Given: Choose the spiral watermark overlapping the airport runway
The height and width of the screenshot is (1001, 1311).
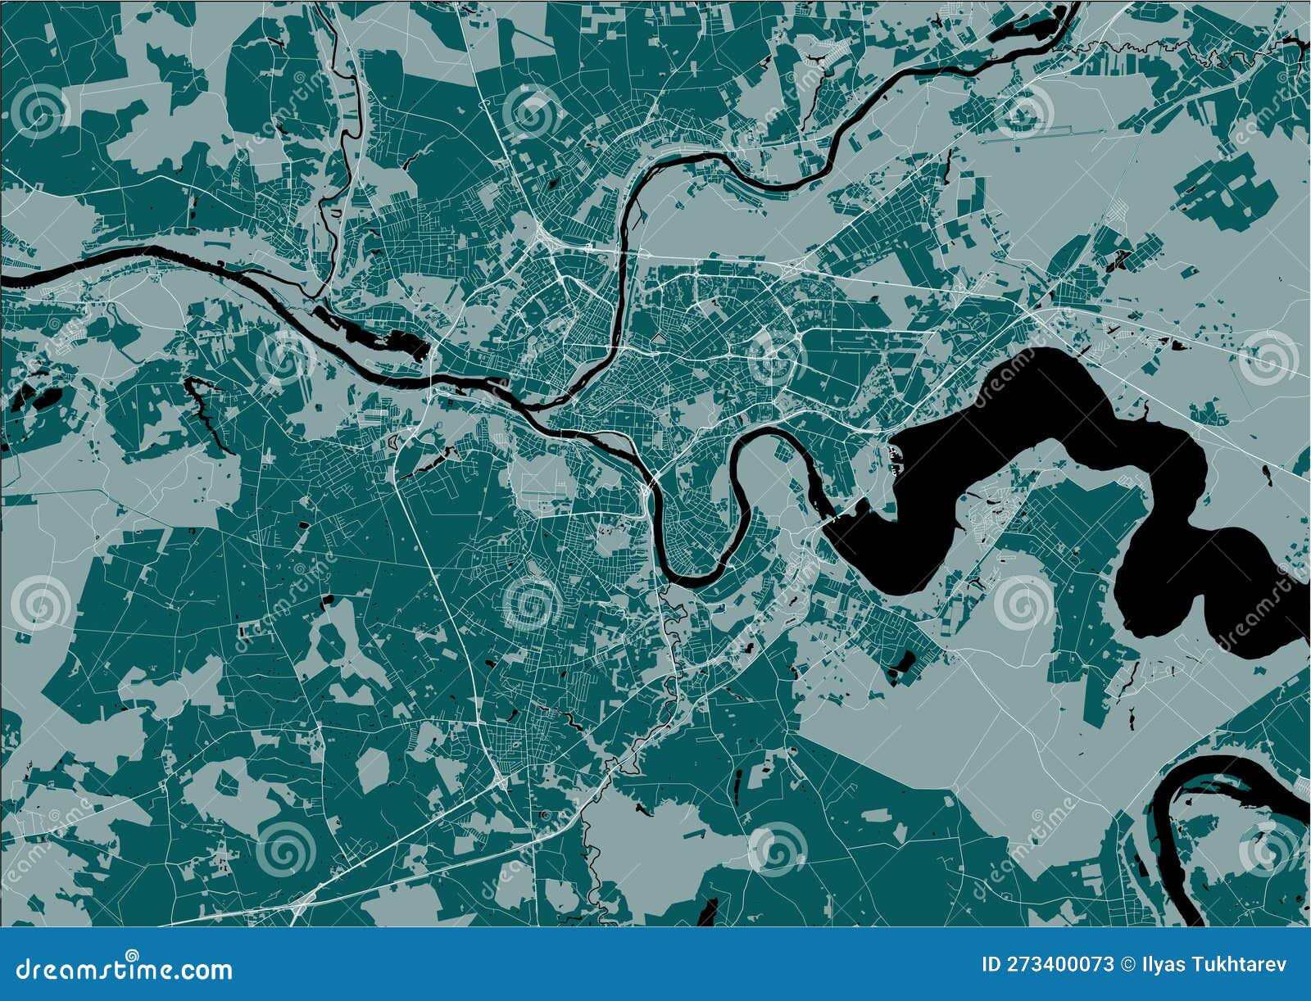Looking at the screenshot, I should pyautogui.click(x=1024, y=111).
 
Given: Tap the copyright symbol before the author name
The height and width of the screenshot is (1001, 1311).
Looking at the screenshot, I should pyautogui.click(x=1126, y=964).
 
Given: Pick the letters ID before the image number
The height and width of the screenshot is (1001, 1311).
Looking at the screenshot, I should pyautogui.click(x=991, y=964).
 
